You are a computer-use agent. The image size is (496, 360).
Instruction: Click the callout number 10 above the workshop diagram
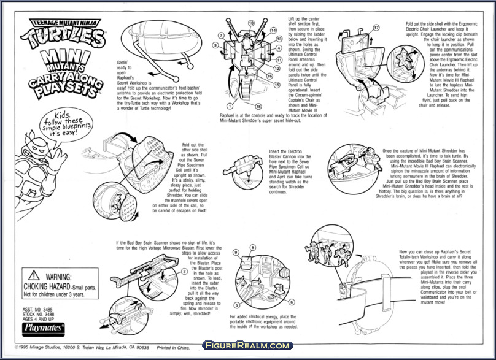[251, 23]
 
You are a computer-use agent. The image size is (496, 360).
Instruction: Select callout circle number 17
[376, 28]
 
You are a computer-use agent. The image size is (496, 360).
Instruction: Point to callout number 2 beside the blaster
[184, 271]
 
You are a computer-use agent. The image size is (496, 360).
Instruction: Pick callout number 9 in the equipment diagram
[236, 253]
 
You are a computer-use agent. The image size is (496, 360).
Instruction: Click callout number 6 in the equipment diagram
[292, 302]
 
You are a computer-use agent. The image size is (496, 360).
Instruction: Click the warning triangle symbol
[32, 277]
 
